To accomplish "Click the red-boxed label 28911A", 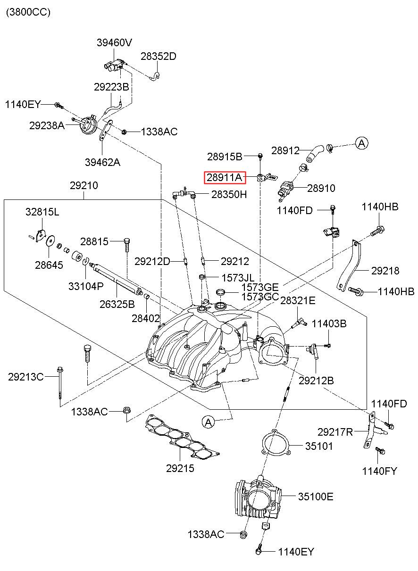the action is (x=225, y=177).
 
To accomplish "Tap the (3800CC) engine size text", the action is (x=28, y=12).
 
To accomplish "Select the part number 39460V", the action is (x=114, y=42).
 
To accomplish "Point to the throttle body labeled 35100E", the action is (x=258, y=500).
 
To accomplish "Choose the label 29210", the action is (x=84, y=185).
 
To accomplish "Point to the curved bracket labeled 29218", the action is (x=350, y=266).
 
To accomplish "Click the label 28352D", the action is (x=159, y=56).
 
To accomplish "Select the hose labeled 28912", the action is (x=315, y=153).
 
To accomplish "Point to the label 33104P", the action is (x=86, y=286).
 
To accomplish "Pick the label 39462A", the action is (x=102, y=162).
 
